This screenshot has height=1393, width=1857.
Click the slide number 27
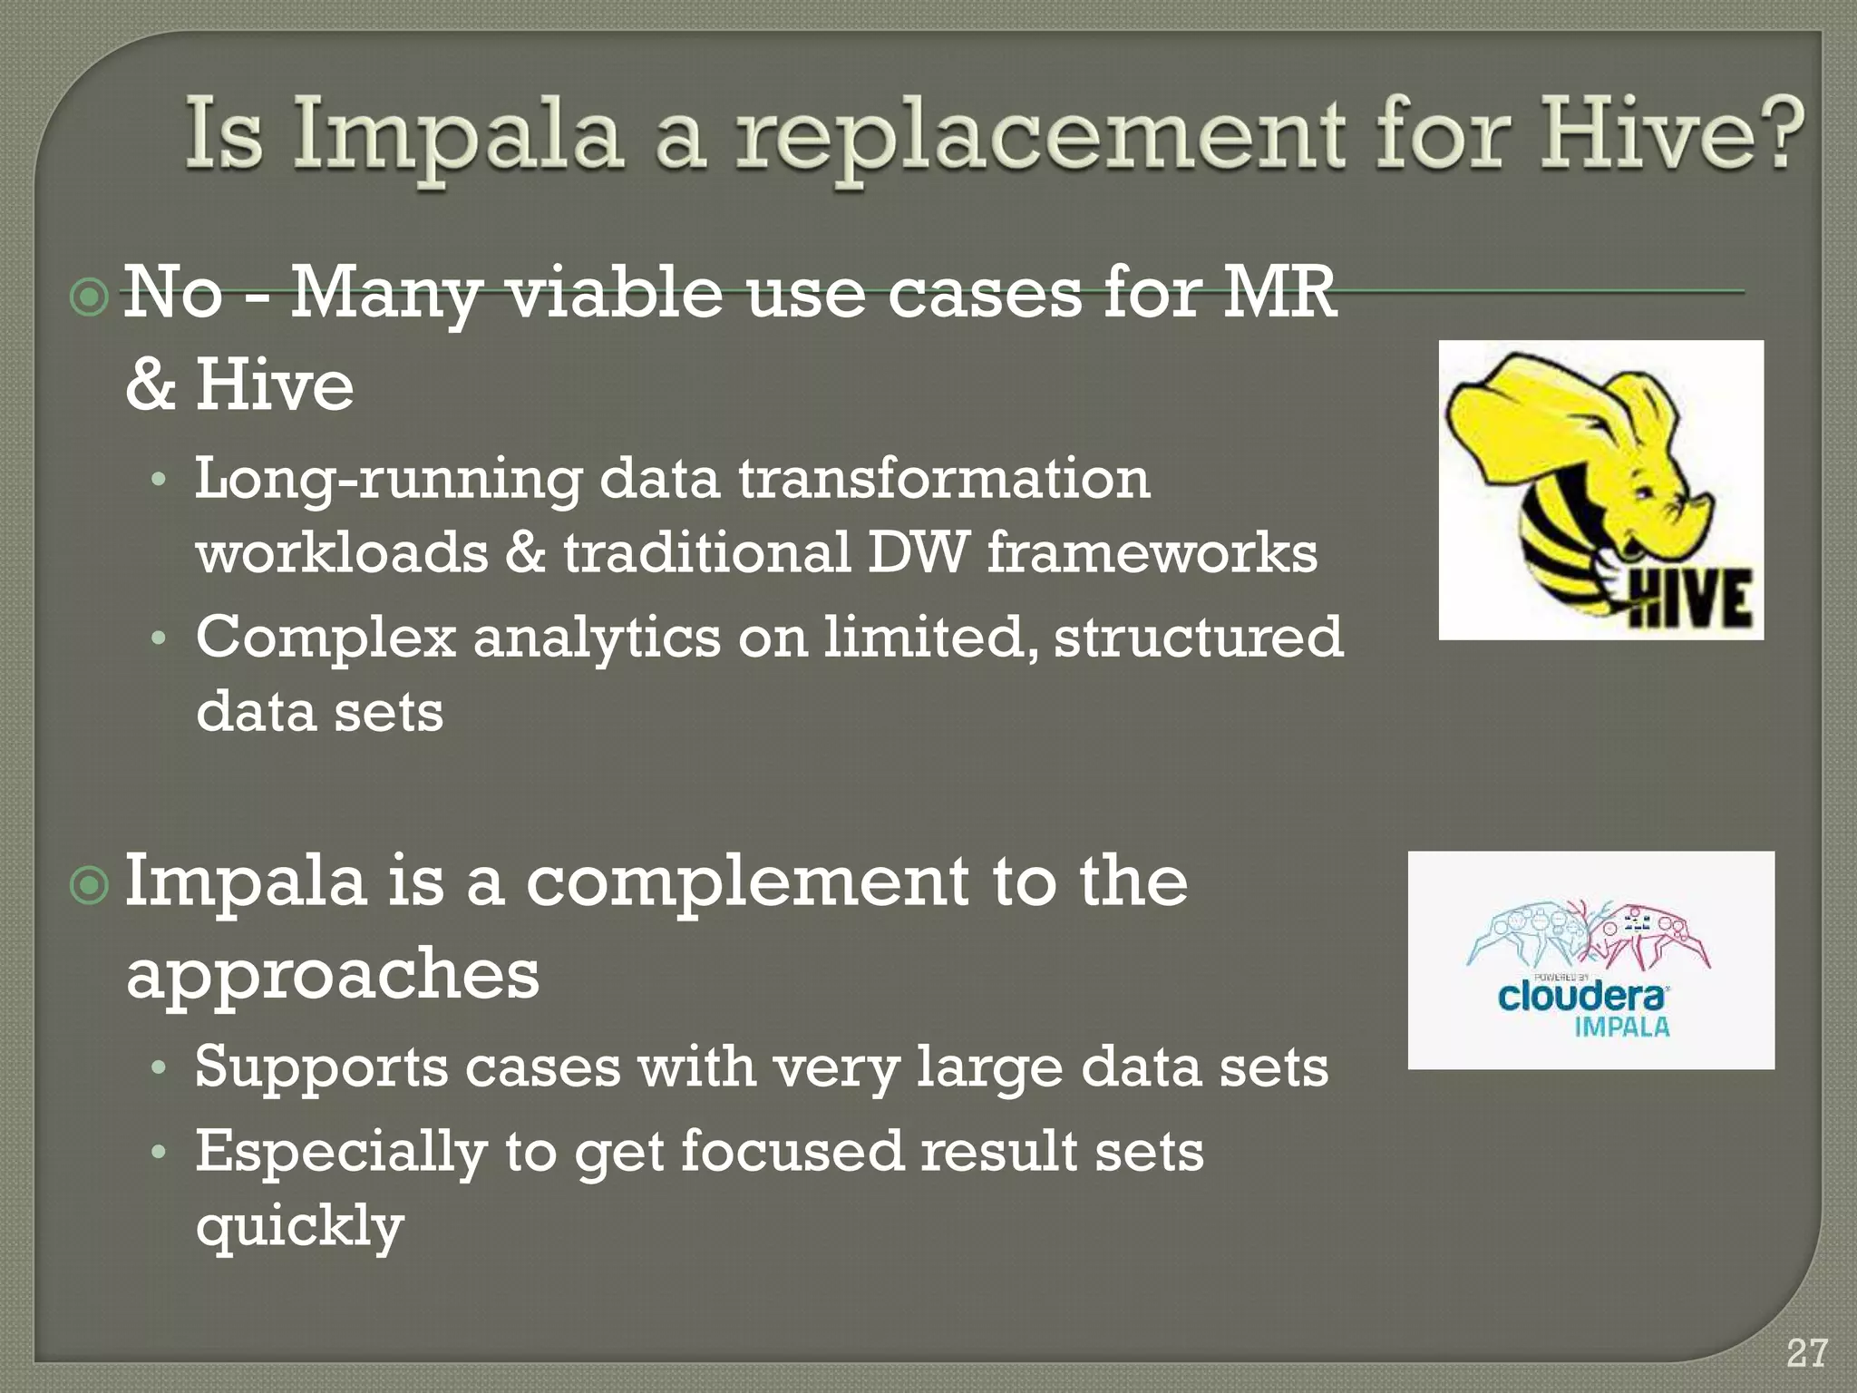1806,1354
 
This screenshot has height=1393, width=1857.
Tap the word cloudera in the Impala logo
1581,997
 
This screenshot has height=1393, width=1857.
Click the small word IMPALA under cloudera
1622,1028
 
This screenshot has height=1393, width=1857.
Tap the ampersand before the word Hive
151,384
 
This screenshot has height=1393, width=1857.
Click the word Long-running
388,479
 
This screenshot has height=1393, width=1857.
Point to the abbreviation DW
917,552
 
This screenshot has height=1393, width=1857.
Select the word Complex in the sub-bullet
326,637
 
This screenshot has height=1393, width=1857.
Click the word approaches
332,975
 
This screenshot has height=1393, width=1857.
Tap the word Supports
321,1067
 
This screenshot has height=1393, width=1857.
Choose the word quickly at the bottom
299,1226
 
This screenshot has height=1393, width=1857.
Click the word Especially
341,1152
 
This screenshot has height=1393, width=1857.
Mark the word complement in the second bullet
747,882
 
